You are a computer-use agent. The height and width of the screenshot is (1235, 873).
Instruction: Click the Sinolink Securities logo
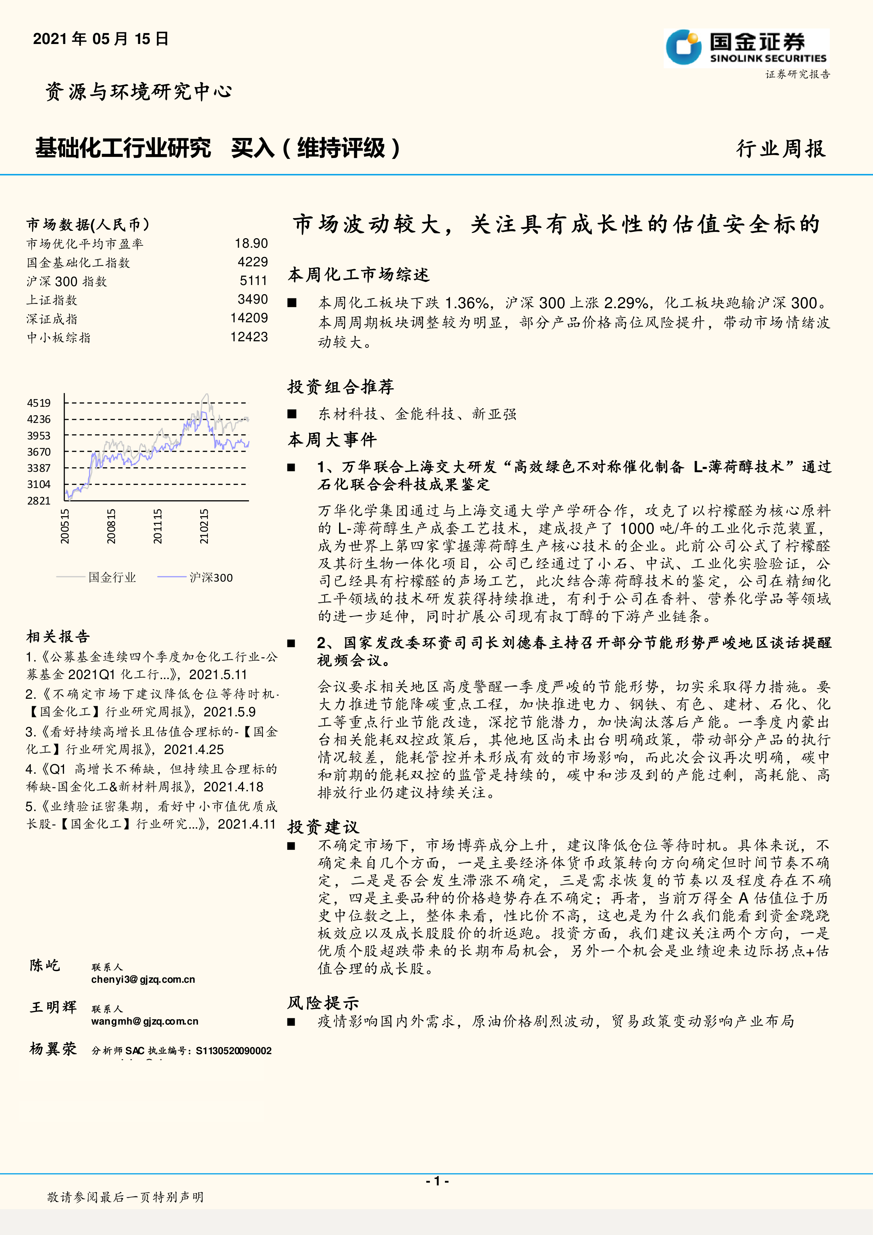point(746,48)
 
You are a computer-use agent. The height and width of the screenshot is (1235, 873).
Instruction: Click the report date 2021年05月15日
point(101,39)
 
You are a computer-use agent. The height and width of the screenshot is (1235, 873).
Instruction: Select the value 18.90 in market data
point(251,244)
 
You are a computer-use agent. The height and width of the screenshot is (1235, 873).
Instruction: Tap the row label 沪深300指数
point(67,281)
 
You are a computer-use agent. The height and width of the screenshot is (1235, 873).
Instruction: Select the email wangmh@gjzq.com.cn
point(145,1021)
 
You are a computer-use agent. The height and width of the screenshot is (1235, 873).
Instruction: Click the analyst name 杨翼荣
point(53,1049)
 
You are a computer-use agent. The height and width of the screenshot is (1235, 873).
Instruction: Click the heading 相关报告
point(58,636)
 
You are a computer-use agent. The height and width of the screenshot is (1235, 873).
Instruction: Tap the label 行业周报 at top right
point(780,148)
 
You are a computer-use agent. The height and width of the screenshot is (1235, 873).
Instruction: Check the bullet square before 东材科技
point(292,414)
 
